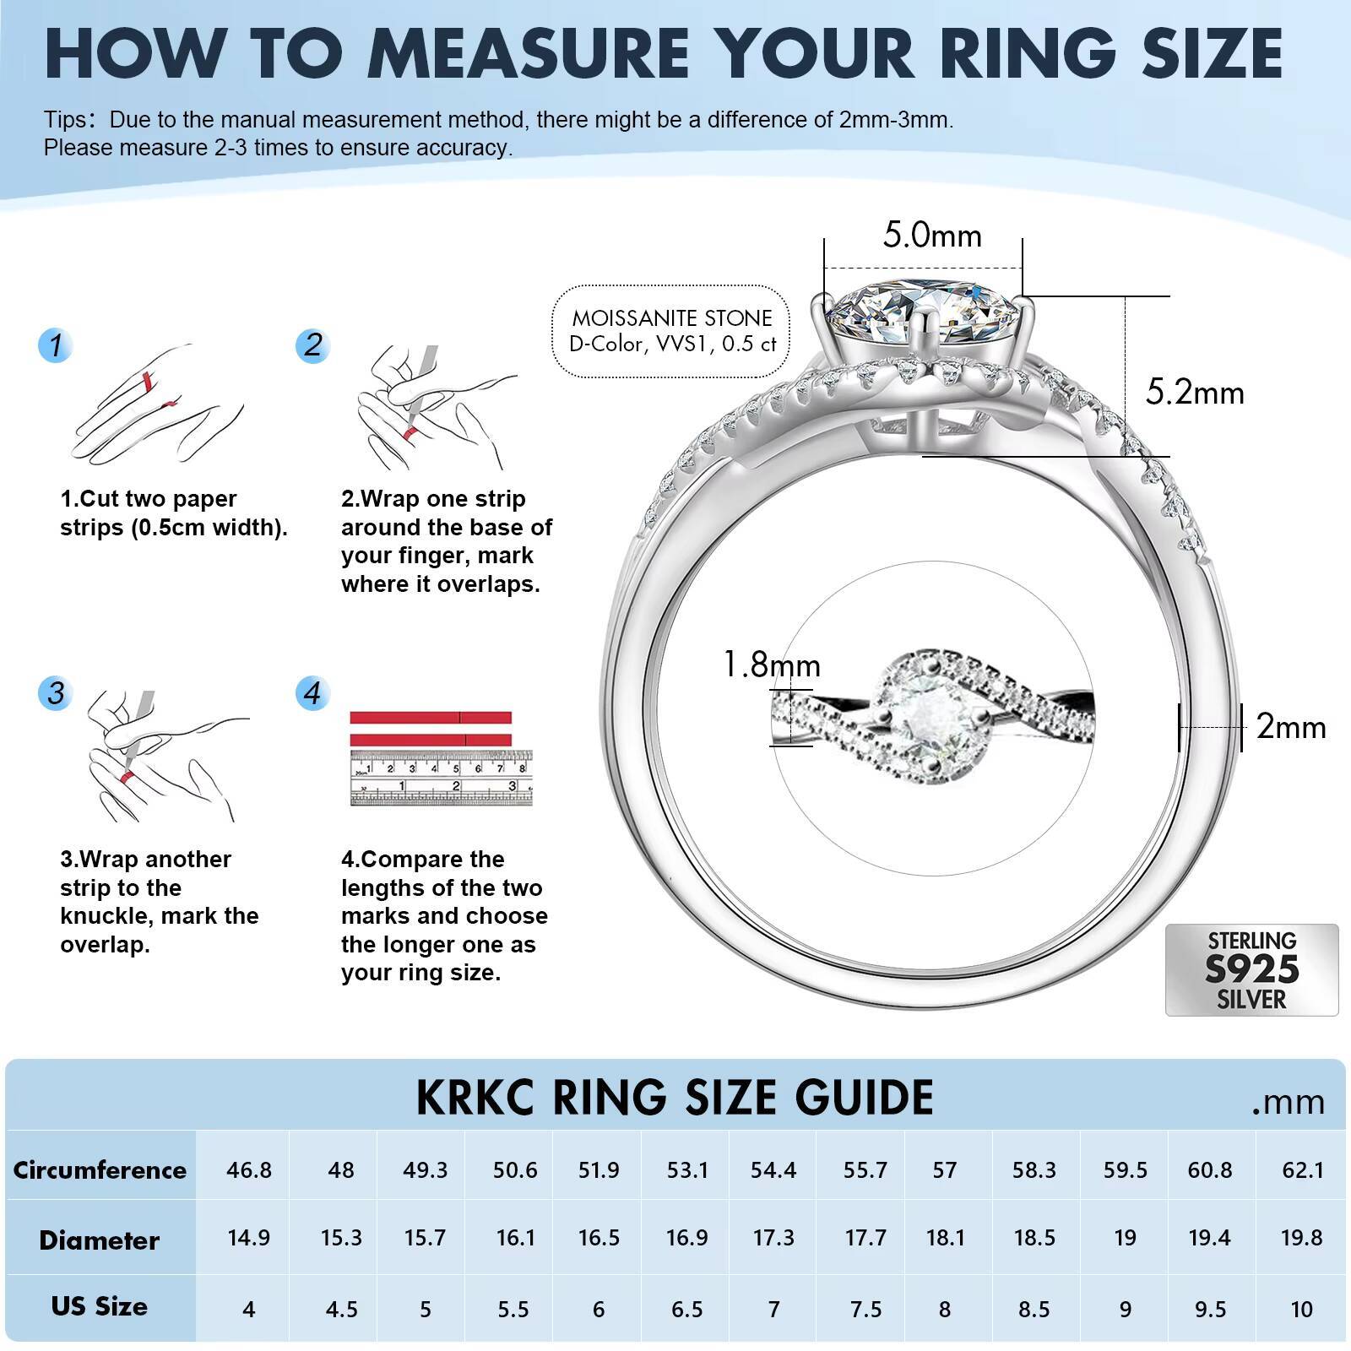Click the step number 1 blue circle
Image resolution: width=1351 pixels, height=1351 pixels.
tap(56, 345)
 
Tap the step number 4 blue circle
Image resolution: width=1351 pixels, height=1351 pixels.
tap(312, 693)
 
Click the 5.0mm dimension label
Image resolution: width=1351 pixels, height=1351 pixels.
tap(932, 235)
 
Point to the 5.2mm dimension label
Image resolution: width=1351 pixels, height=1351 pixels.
tap(1195, 393)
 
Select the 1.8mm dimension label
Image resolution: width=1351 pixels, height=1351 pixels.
tap(772, 665)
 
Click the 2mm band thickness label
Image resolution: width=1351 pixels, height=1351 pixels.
tap(1291, 727)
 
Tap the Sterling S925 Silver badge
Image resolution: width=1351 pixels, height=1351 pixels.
tap(1251, 969)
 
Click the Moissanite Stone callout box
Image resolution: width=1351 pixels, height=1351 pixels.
tap(672, 331)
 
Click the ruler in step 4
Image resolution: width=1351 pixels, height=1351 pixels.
tap(441, 777)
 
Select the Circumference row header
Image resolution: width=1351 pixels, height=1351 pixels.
tap(100, 1169)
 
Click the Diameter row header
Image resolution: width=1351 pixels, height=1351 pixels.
tap(100, 1240)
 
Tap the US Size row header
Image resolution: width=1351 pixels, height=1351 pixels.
tap(100, 1306)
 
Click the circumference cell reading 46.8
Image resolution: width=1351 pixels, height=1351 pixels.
tap(249, 1169)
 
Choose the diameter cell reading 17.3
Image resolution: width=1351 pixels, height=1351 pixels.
tap(773, 1238)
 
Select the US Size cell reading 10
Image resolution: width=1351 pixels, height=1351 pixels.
tap(1301, 1309)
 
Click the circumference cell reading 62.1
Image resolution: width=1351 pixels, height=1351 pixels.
tap(1301, 1169)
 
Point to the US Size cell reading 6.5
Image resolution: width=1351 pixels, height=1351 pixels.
tap(686, 1309)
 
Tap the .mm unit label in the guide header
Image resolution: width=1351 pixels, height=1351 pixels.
tap(1288, 1102)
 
